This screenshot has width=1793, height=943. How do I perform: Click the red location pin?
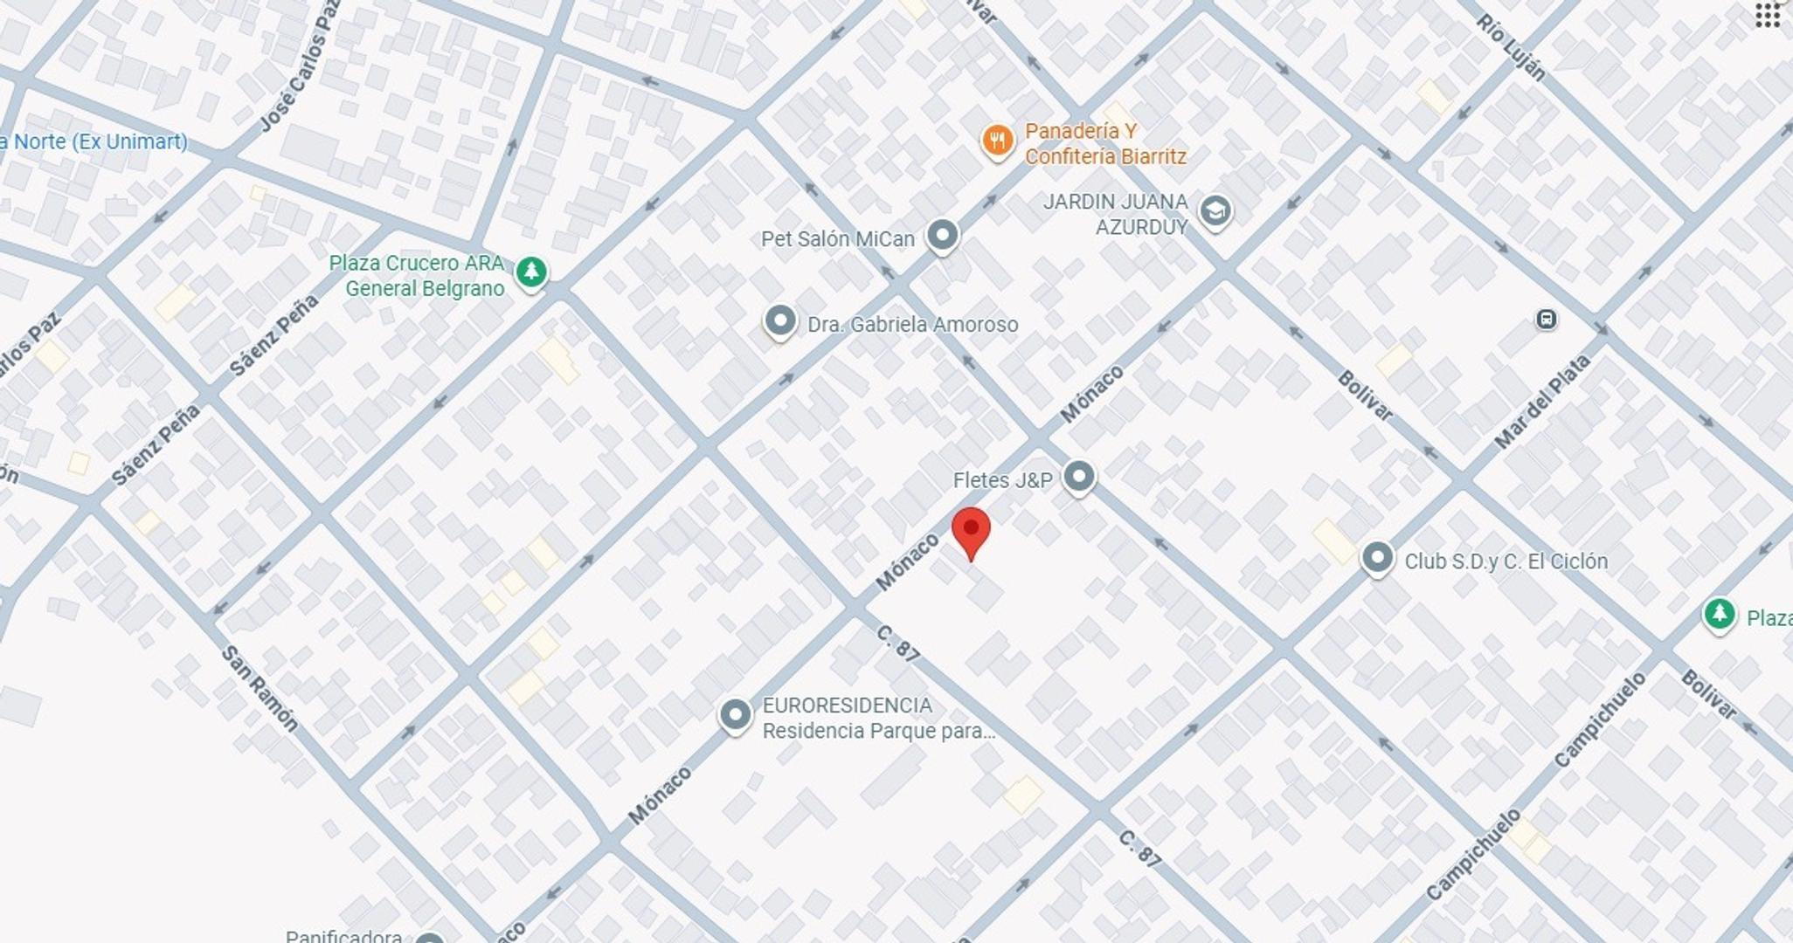(970, 531)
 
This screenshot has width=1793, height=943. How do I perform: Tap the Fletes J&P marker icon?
(1079, 477)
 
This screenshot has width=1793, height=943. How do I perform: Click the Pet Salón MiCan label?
(837, 239)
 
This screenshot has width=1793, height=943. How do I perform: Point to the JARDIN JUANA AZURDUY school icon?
(1215, 210)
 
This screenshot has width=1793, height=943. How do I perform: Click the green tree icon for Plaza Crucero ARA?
(530, 272)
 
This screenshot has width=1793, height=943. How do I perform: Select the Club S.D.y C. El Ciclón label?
(1506, 561)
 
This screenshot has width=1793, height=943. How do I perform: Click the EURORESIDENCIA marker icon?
(735, 714)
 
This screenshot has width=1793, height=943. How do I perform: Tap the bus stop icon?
(1546, 320)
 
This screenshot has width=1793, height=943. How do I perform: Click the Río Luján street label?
(1511, 47)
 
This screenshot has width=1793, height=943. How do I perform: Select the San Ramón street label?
(259, 688)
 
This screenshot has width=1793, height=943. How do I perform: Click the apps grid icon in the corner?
(1768, 16)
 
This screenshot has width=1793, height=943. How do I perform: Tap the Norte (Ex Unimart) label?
(93, 141)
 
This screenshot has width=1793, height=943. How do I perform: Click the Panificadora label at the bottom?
(343, 935)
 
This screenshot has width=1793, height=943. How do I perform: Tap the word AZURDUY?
(1141, 227)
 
